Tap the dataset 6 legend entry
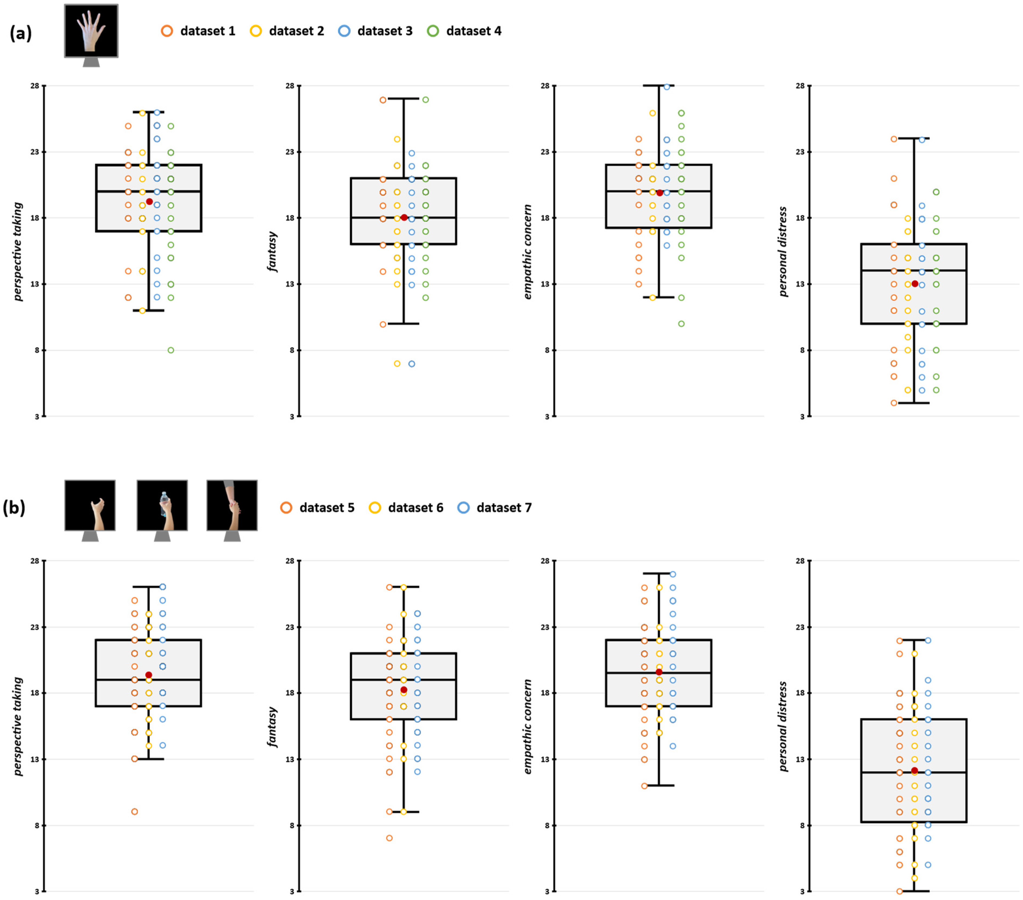coord(406,508)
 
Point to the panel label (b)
coord(14,508)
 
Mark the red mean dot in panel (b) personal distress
coord(914,771)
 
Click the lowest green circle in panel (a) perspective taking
coord(171,350)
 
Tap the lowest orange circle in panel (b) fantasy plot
coord(390,838)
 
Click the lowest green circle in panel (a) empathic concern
coord(681,324)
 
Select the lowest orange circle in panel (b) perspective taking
coord(135,811)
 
